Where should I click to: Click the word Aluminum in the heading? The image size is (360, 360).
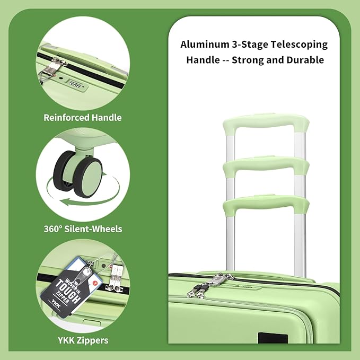[205, 45]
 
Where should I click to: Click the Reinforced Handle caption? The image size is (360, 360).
[83, 118]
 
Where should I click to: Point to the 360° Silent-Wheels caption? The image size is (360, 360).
[83, 229]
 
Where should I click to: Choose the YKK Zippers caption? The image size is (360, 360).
[83, 340]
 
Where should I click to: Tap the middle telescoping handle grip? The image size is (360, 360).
[266, 164]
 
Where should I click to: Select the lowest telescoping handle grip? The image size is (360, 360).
[266, 203]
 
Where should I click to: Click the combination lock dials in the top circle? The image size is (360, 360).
[75, 84]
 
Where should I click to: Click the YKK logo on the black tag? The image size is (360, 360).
[56, 304]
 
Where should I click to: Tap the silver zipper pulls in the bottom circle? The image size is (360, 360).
[116, 278]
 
